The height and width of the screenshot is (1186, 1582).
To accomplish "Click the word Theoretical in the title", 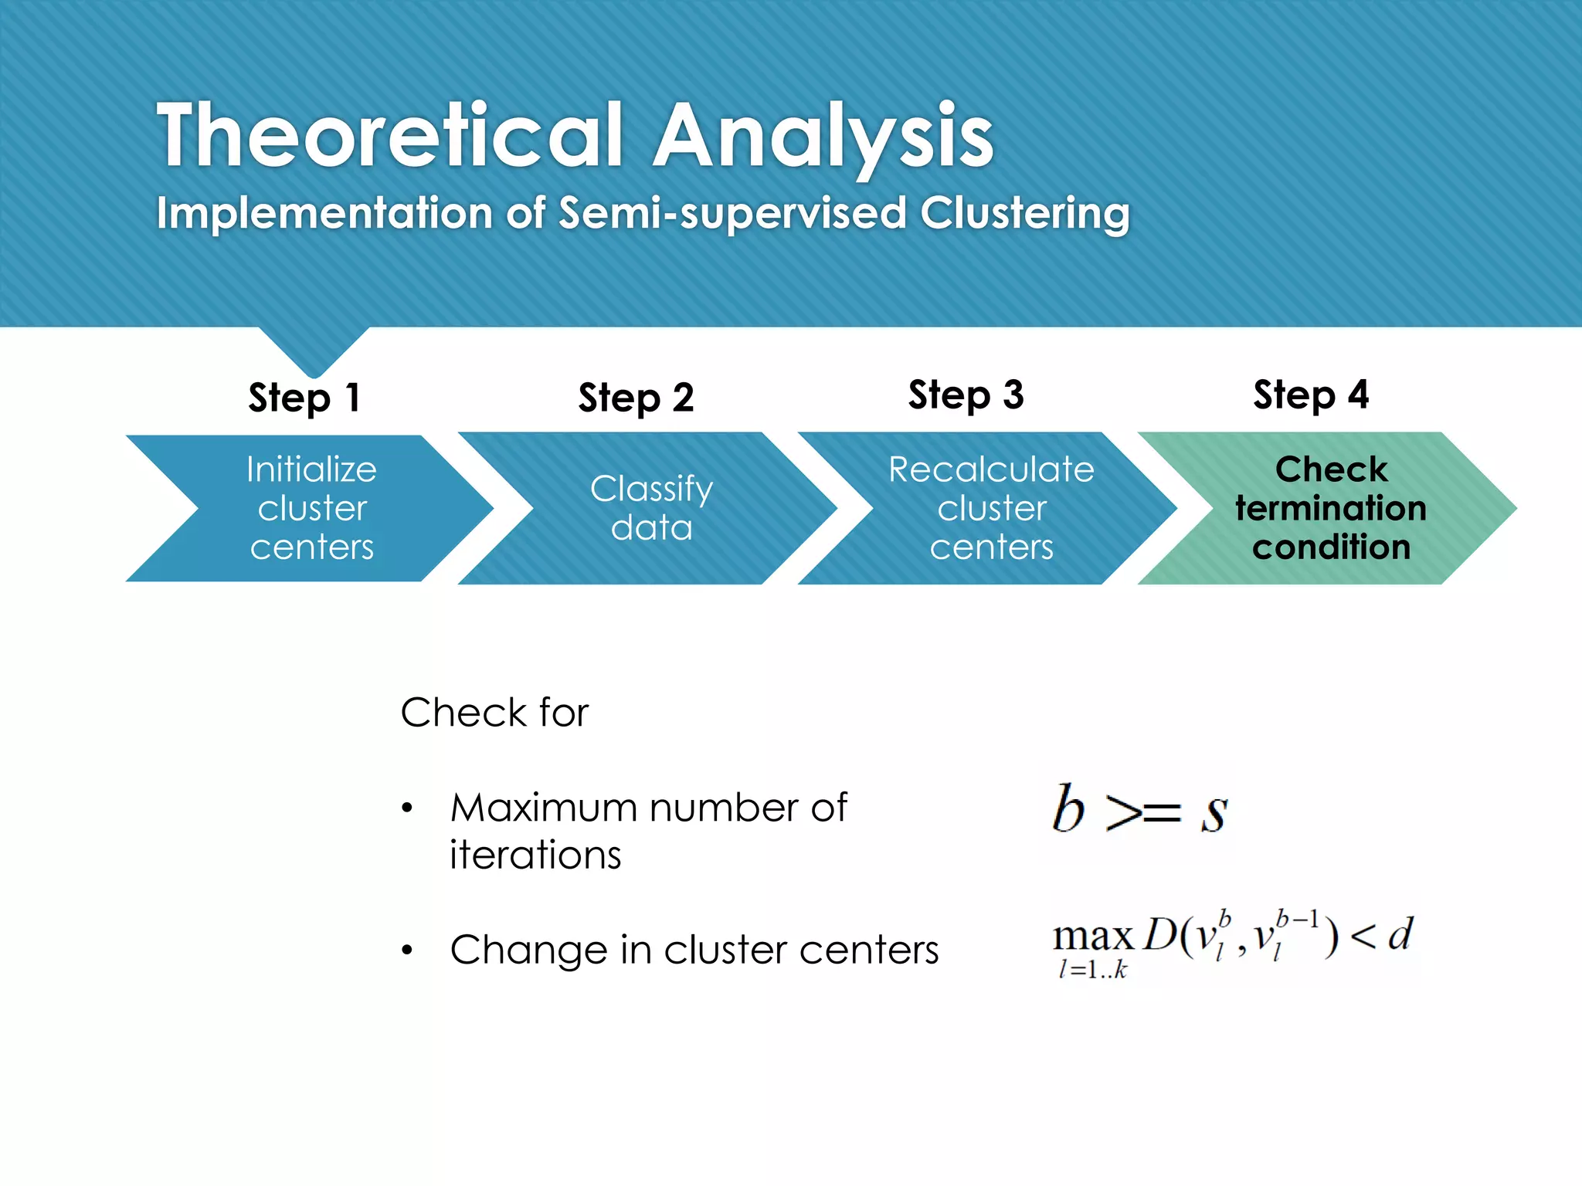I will [390, 136].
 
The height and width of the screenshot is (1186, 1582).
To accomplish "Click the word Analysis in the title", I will [823, 136].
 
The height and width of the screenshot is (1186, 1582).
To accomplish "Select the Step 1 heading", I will [304, 398].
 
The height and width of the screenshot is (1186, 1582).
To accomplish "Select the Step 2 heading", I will [636, 398].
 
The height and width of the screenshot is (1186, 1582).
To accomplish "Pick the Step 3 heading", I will [966, 395].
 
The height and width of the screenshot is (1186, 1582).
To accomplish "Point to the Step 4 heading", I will [1311, 395].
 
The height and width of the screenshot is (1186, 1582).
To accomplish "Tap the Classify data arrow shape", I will [650, 508].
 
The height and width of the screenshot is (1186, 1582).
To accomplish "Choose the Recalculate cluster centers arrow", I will [991, 508].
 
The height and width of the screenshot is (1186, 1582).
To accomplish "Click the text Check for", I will [494, 712].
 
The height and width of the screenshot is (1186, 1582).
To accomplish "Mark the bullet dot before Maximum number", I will [408, 809].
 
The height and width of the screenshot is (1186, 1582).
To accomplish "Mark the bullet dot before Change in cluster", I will [408, 950].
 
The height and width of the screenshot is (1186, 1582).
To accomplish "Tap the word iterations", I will [535, 855].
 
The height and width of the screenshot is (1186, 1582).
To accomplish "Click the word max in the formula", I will [1092, 937].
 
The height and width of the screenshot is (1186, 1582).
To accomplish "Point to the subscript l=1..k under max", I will [1092, 970].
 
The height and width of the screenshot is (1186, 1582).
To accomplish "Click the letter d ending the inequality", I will [1400, 934].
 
